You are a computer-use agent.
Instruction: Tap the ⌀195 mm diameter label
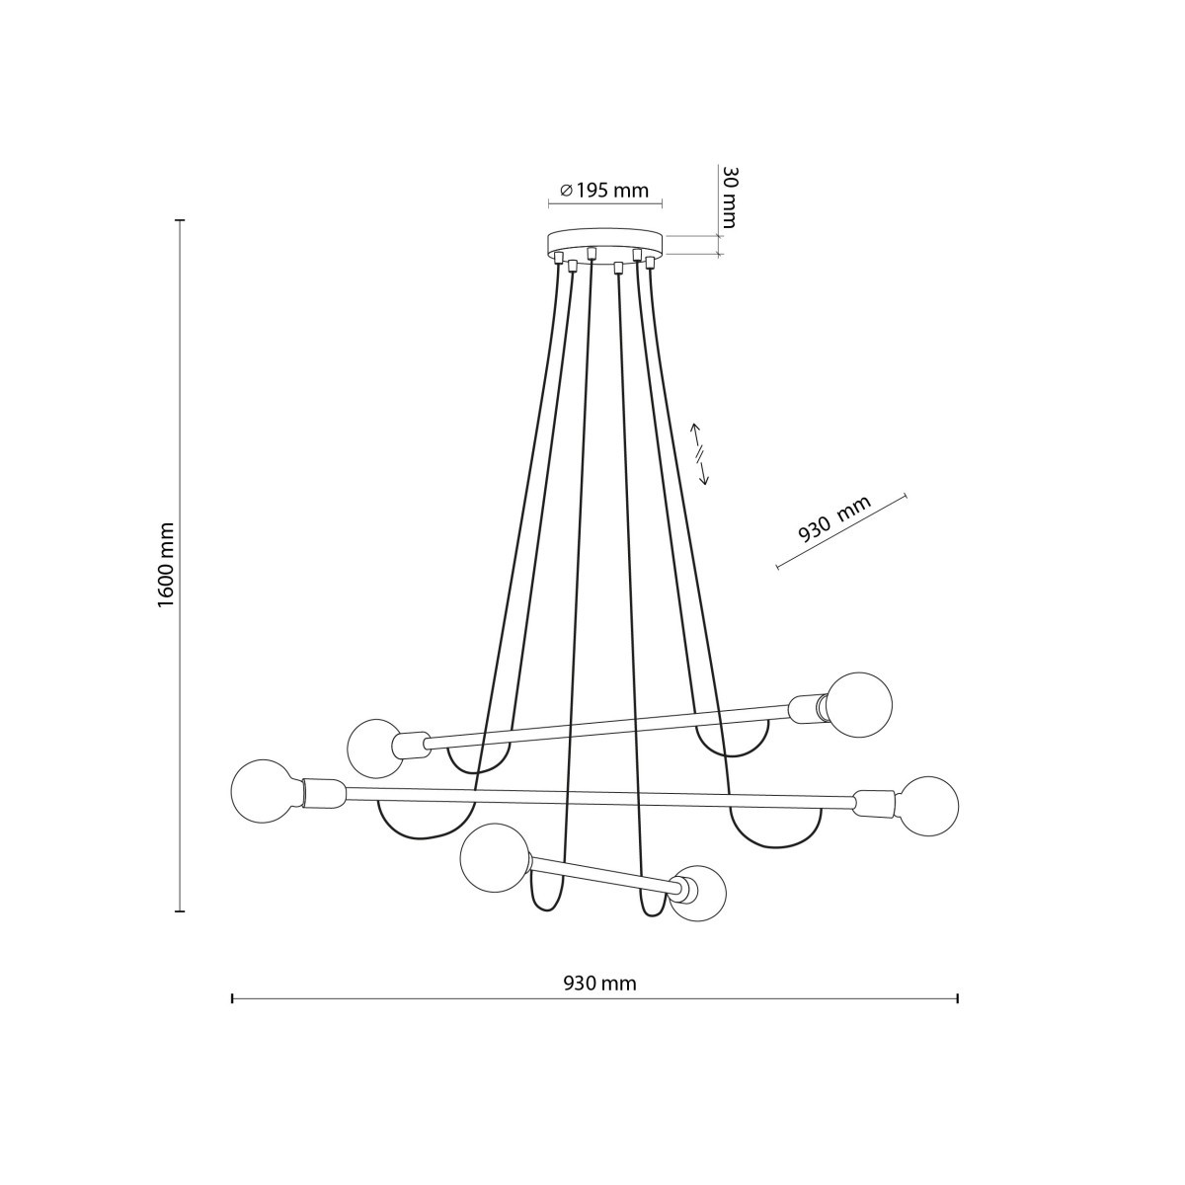click(604, 191)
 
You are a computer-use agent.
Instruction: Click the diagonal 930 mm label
click(834, 520)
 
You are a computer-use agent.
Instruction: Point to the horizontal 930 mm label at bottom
click(599, 984)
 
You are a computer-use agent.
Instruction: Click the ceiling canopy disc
click(605, 244)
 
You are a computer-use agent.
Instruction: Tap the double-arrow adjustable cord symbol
click(699, 453)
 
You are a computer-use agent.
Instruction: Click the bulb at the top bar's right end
click(859, 705)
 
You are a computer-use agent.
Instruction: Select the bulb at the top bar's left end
click(374, 748)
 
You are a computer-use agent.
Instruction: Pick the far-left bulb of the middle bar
click(263, 791)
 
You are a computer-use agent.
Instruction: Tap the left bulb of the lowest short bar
click(496, 857)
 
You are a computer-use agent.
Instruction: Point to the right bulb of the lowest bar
click(700, 894)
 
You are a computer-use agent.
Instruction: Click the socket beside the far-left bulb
click(321, 792)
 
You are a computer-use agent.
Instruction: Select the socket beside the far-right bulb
click(875, 803)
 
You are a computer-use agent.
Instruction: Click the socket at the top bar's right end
click(809, 707)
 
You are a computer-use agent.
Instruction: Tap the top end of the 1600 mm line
click(180, 220)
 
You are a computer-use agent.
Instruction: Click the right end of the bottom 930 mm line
click(958, 999)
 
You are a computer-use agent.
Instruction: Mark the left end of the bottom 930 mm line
click(232, 999)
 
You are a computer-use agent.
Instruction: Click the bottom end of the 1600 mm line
click(180, 910)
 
